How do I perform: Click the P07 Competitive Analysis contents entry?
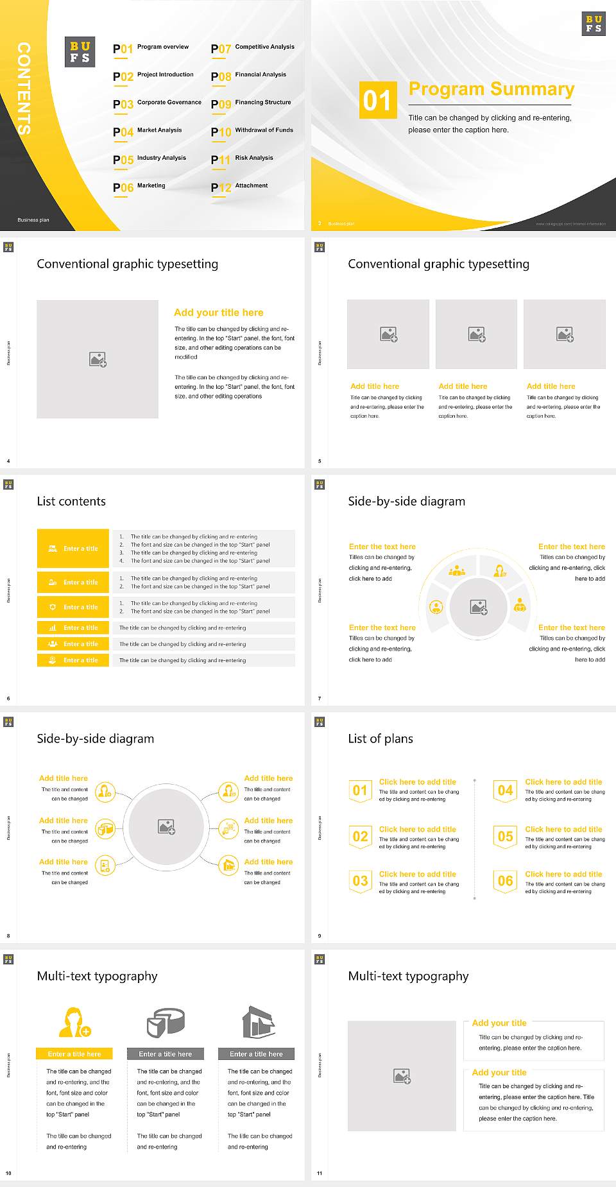pos(253,48)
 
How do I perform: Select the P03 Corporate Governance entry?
pos(157,103)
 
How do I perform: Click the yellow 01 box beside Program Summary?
pos(378,100)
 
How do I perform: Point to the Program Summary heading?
pos(491,89)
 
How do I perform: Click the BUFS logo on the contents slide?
pos(80,52)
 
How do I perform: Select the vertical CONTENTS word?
pos(24,88)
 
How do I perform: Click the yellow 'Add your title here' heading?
pos(218,312)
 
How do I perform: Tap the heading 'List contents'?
pos(71,501)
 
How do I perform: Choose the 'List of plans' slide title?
pos(381,739)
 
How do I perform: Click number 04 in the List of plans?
pos(506,790)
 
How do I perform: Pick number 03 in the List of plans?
pos(360,881)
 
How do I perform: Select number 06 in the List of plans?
pos(506,881)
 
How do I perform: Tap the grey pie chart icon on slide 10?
pos(166,1023)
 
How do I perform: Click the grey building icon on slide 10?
pos(258,1022)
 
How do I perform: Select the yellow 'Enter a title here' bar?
pos(74,1054)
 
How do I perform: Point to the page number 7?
pos(320,698)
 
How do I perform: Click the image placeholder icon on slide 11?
pos(402,1076)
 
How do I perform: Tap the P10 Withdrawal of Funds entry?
pos(252,132)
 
